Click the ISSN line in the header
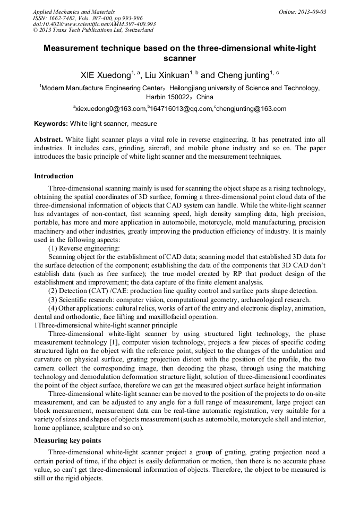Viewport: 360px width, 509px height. (x=79, y=18)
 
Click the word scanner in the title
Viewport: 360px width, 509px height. (x=179, y=58)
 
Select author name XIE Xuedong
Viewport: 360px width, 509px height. (x=105, y=75)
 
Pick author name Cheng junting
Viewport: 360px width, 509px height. (x=236, y=75)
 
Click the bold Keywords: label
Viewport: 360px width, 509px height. (x=51, y=124)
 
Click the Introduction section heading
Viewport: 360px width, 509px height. (x=54, y=176)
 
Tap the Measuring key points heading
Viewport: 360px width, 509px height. (x=68, y=441)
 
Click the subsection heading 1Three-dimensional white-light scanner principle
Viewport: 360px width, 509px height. (x=106, y=325)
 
